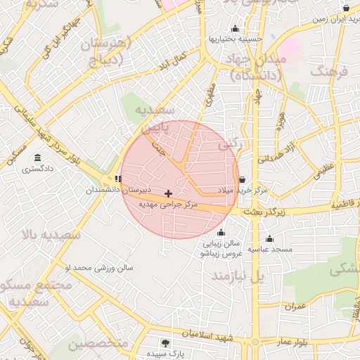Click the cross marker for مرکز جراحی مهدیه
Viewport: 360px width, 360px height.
pyautogui.click(x=168, y=193)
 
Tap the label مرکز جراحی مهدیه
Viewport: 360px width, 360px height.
pyautogui.click(x=168, y=205)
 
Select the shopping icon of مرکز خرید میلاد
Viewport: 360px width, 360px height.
pyautogui.click(x=243, y=180)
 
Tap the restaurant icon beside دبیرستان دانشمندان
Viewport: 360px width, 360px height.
pyautogui.click(x=117, y=179)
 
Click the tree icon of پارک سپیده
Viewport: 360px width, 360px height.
pyautogui.click(x=165, y=343)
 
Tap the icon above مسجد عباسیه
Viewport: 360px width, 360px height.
pyautogui.click(x=269, y=238)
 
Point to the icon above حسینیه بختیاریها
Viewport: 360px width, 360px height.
pyautogui.click(x=234, y=29)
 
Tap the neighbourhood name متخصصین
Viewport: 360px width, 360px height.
pyautogui.click(x=98, y=344)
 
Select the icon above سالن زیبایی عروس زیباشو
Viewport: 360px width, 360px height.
pyautogui.click(x=222, y=233)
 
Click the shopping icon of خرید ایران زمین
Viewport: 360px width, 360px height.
pyautogui.click(x=346, y=8)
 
